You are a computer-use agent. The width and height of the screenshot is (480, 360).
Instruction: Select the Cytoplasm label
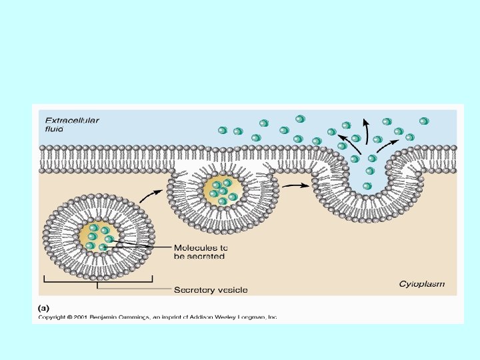point(421,284)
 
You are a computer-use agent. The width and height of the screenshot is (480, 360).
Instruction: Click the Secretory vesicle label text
point(210,289)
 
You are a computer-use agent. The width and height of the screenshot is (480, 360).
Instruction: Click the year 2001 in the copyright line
point(81,317)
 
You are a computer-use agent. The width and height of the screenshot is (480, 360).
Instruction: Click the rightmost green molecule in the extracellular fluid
point(423,121)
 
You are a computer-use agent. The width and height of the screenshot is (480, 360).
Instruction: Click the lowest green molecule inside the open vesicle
point(367,186)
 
